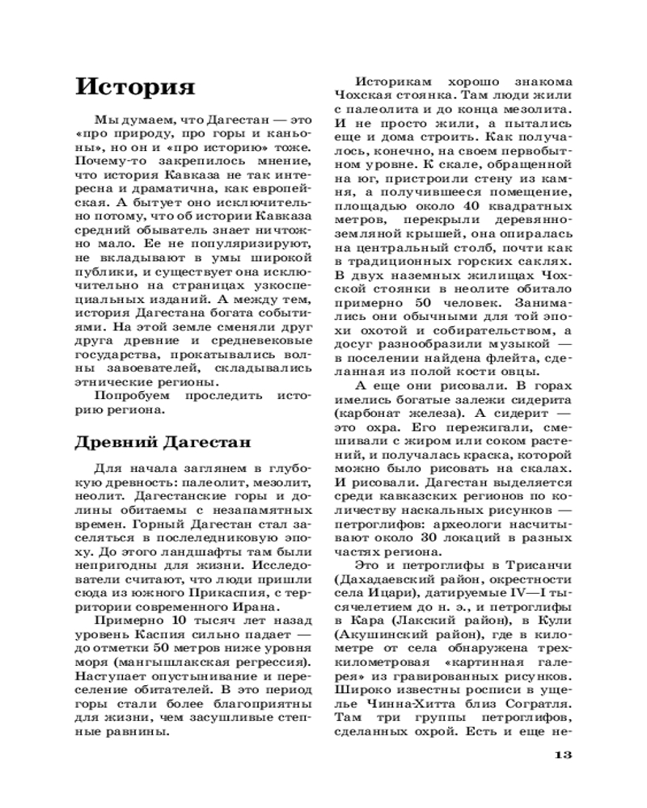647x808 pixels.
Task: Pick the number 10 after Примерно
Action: [x=178, y=621]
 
